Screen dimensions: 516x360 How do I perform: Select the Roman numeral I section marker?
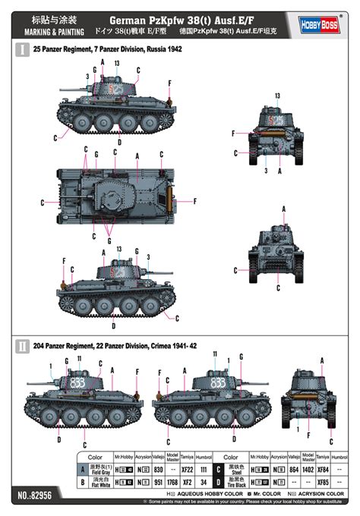(x=22, y=50)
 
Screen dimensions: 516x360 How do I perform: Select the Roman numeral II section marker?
(x=22, y=345)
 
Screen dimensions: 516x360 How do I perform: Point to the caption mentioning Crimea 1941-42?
(x=112, y=345)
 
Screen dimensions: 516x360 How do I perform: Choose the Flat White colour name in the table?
(x=112, y=483)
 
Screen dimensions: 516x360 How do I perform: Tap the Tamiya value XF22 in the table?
(x=187, y=470)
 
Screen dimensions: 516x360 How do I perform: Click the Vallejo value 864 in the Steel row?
(x=292, y=470)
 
